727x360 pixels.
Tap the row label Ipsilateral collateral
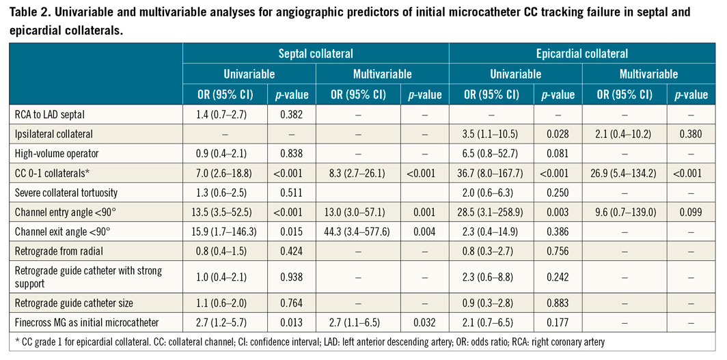tap(53, 135)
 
